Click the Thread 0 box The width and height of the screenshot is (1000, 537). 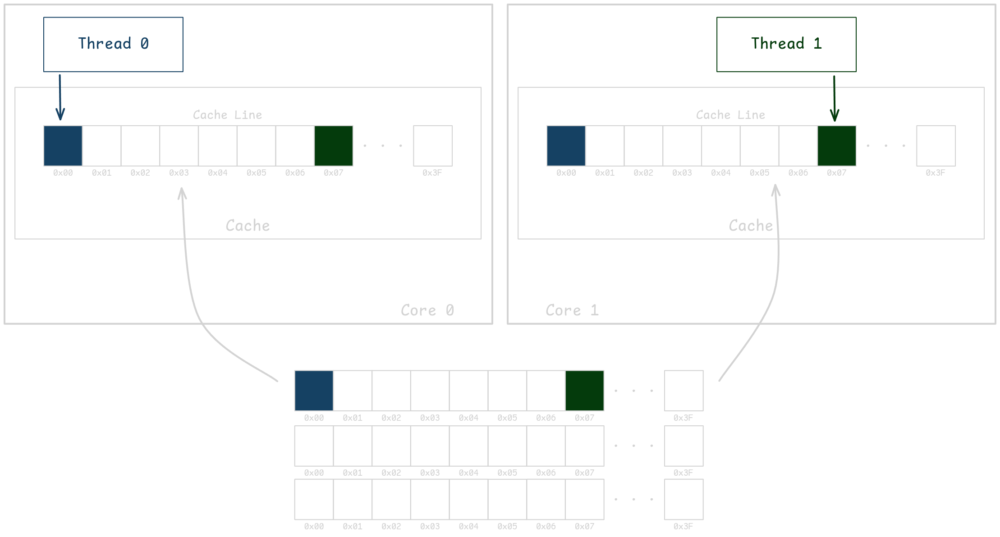113,44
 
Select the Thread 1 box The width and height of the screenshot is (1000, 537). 786,44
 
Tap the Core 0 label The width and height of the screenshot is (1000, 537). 427,310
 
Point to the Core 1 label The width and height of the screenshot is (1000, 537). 572,310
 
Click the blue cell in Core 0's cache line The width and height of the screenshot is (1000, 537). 63,146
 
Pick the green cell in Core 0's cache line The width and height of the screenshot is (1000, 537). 334,146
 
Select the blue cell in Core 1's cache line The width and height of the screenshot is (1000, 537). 566,146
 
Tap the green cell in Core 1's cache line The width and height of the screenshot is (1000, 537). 837,146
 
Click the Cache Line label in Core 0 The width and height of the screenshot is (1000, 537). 227,115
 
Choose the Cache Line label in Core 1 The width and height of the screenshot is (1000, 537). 730,115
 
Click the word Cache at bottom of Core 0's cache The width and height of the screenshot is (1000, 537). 248,226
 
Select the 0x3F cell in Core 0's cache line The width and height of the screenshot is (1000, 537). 432,146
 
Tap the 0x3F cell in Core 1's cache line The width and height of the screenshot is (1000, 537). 936,146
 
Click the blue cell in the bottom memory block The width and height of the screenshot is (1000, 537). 314,391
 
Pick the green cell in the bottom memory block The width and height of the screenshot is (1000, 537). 584,391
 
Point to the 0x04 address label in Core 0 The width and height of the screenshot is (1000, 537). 218,173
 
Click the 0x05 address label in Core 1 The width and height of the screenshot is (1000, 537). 759,173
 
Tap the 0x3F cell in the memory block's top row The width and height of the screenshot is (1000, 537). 683,391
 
